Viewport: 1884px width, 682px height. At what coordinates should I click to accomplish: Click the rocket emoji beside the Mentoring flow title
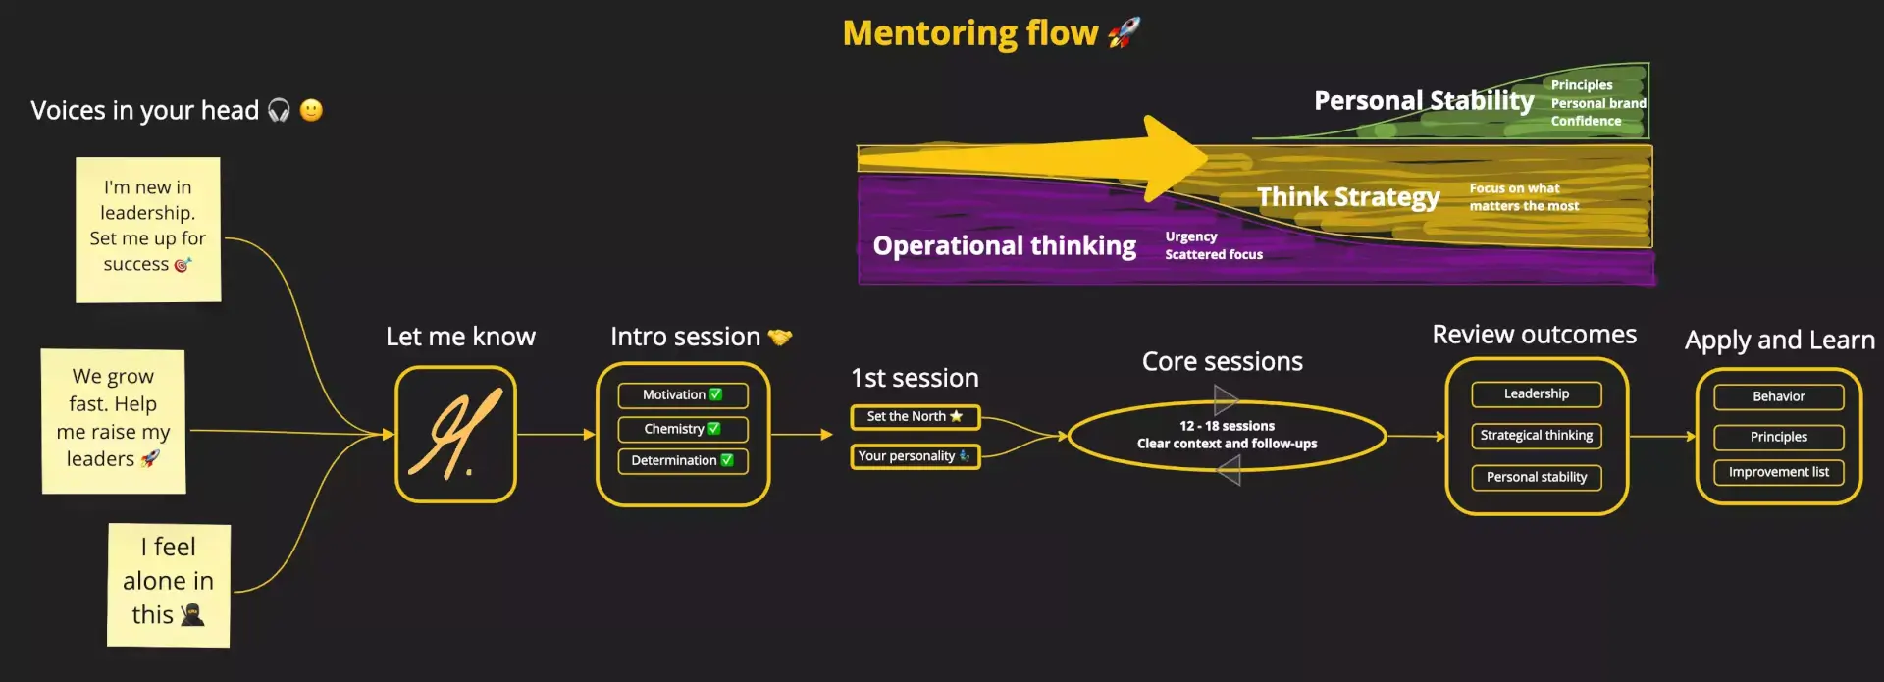coord(1125,32)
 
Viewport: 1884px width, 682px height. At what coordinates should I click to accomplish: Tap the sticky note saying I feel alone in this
coord(169,585)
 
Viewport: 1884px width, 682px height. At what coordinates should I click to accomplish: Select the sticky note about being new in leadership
coord(148,230)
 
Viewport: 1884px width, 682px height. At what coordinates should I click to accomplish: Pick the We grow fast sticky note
coord(113,421)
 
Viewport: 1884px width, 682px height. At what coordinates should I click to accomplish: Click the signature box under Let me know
coord(456,434)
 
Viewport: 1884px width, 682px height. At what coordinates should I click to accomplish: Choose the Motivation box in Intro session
coord(683,395)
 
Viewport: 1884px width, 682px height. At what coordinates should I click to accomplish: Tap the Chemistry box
coord(683,429)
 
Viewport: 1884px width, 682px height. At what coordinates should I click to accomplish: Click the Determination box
coord(683,461)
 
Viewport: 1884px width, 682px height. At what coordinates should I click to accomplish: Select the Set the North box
coord(916,417)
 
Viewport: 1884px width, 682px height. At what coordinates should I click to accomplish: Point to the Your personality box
coord(916,456)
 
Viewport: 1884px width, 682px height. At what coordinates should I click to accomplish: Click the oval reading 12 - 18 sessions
coord(1227,436)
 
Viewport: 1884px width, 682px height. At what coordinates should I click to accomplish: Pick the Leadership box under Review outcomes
coord(1537,394)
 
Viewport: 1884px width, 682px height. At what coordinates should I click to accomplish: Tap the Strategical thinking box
coord(1537,436)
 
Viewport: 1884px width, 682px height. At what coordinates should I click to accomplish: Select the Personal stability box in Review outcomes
coord(1537,478)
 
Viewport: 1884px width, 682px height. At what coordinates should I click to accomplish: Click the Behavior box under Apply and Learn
coord(1779,397)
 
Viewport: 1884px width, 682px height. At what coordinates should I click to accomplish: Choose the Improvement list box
coord(1779,473)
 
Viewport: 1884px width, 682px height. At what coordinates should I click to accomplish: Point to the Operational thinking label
coord(1005,245)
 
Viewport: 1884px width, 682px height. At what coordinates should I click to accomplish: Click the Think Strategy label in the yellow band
coord(1349,197)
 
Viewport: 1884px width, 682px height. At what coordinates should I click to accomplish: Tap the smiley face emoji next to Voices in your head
coord(311,110)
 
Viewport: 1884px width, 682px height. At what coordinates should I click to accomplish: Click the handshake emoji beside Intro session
coord(780,338)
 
